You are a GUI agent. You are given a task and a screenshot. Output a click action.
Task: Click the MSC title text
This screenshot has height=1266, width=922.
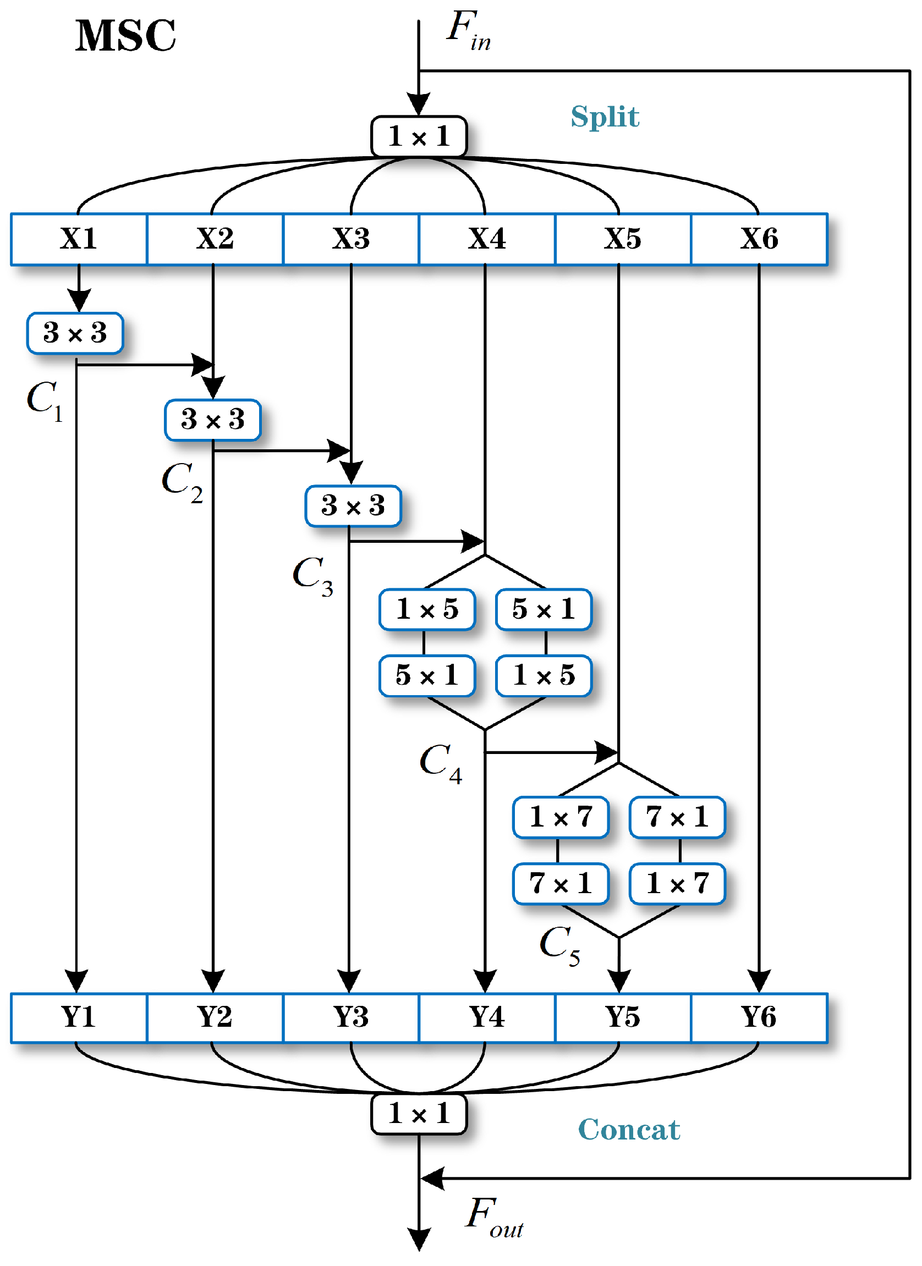point(125,36)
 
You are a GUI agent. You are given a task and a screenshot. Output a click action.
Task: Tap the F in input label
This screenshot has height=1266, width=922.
point(468,31)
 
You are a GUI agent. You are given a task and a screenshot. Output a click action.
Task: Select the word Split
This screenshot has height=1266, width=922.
point(605,117)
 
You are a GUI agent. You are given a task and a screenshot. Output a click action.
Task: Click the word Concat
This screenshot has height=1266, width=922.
point(629,1130)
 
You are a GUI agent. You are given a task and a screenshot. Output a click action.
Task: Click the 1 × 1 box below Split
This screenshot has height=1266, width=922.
point(419,136)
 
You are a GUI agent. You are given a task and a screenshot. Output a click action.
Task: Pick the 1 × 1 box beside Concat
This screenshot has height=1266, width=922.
point(419,1114)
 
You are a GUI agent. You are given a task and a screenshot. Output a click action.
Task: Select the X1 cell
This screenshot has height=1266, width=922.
point(79,239)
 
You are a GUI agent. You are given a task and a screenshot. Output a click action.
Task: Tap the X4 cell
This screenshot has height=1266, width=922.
point(487,239)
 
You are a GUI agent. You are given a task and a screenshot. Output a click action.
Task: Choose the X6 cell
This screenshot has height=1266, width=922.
point(759,239)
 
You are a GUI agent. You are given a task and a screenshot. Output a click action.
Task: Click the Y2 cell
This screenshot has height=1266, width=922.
point(215,1017)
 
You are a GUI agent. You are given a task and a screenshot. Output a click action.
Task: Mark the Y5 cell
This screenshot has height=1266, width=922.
point(623,1017)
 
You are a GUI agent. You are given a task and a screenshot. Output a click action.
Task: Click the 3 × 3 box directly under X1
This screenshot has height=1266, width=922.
point(75,333)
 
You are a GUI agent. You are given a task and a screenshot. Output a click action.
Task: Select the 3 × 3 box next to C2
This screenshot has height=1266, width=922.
point(213,420)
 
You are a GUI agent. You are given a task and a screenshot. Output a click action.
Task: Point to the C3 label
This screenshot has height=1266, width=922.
point(312,576)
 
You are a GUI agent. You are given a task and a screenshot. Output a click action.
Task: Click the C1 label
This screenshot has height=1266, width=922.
point(45,401)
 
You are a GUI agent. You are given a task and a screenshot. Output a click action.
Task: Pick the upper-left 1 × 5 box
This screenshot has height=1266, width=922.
point(427,609)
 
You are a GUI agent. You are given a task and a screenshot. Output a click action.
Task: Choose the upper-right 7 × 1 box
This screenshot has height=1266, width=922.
point(677,817)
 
